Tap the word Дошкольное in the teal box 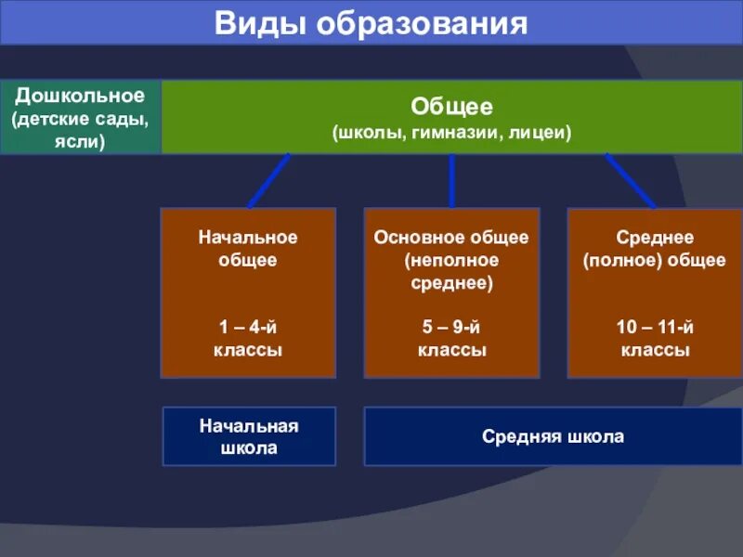[80, 97]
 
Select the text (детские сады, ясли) [80, 131]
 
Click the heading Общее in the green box [451, 107]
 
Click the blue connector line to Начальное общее [269, 180]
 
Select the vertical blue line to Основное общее [451, 180]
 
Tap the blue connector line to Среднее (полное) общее [632, 180]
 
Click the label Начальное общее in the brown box [248, 249]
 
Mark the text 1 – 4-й [248, 327]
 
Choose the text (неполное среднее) [451, 272]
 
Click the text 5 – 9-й [451, 327]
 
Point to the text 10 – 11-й [655, 327]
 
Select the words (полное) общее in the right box [655, 260]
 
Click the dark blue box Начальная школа [248, 436]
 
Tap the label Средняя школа [553, 436]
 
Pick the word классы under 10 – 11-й [655, 351]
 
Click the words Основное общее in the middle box [451, 238]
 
